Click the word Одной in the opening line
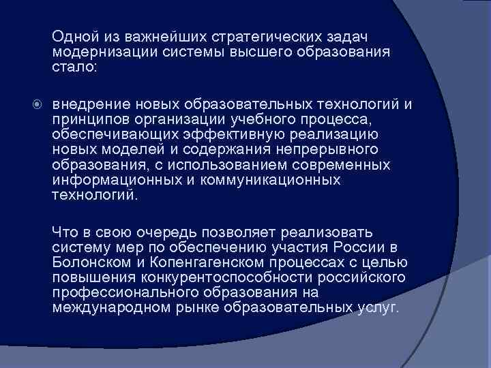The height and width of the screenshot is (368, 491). pyautogui.click(x=71, y=35)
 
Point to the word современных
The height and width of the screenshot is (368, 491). pyautogui.click(x=344, y=165)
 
